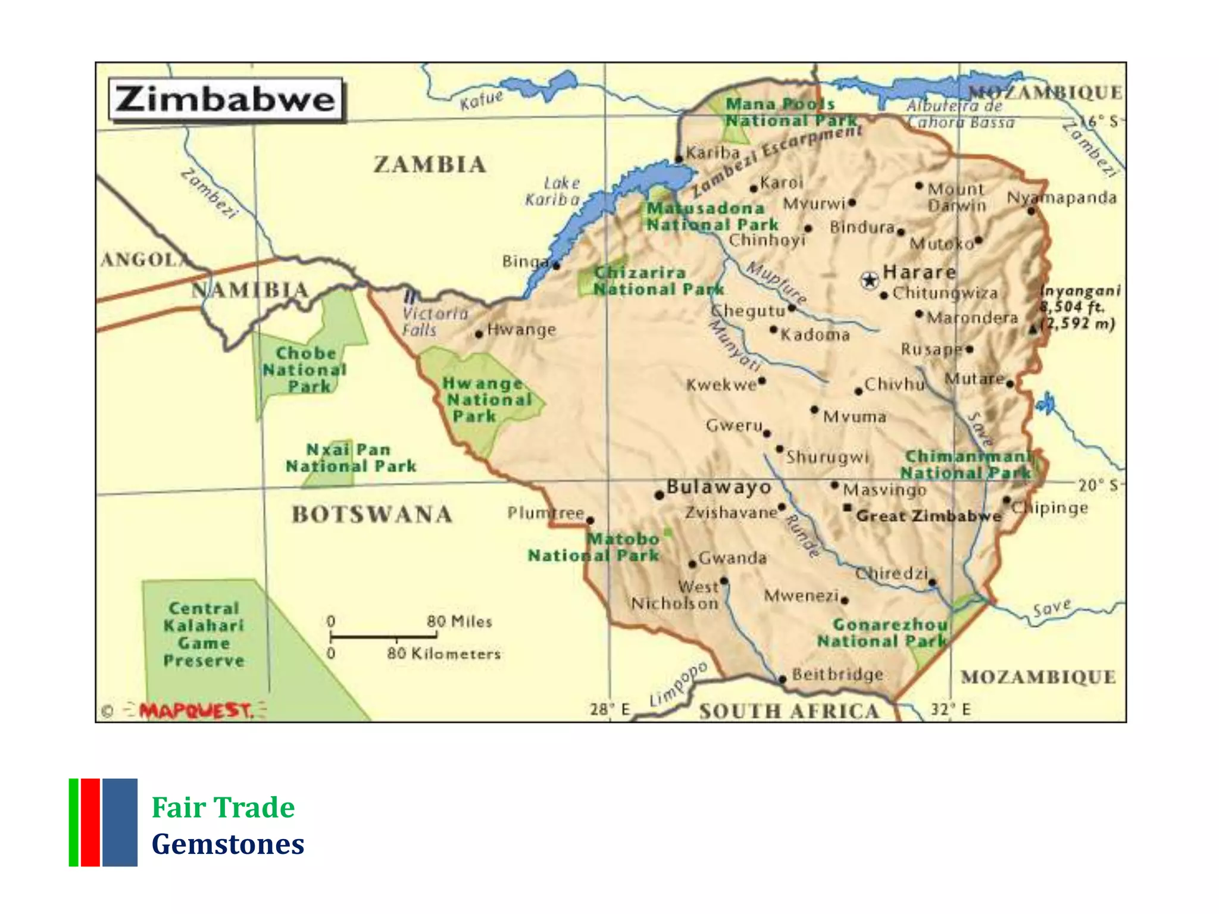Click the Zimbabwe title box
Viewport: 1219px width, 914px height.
click(x=226, y=99)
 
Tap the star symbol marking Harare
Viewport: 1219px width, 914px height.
click(x=870, y=280)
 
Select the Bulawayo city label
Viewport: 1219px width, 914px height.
click(x=718, y=487)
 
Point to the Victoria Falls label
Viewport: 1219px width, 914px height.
click(x=435, y=321)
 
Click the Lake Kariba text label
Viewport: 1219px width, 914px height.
click(x=553, y=192)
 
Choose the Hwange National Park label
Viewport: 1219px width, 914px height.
click(x=486, y=399)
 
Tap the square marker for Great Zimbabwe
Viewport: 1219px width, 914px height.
click(x=848, y=508)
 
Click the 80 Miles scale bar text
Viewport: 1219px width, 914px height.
click(x=459, y=622)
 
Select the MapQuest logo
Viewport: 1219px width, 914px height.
click(x=196, y=710)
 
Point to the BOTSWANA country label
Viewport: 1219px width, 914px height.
click(x=372, y=515)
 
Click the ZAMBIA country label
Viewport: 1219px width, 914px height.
click(x=430, y=165)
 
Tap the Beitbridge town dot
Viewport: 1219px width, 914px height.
click(x=783, y=679)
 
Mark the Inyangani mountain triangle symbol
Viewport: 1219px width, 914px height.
click(x=1033, y=329)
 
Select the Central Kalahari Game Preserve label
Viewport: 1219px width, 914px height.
click(x=204, y=634)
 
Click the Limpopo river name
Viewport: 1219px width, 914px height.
click(x=678, y=684)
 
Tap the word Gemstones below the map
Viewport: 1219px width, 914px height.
click(x=228, y=844)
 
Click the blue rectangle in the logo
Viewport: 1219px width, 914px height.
click(x=120, y=822)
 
